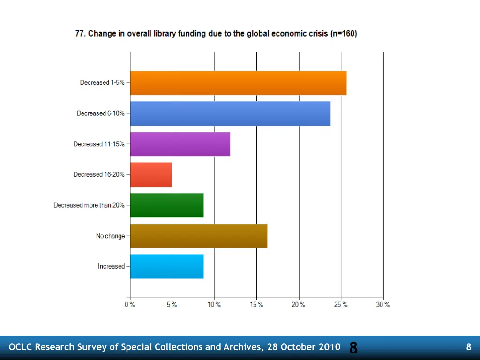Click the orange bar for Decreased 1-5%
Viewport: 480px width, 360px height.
tap(238, 83)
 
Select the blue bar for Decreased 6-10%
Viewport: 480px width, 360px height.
tap(230, 113)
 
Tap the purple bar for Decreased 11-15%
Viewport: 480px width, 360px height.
tap(180, 144)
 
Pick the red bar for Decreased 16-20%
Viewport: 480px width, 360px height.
tap(151, 174)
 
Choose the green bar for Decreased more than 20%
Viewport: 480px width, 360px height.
tap(167, 205)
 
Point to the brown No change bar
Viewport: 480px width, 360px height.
tap(199, 236)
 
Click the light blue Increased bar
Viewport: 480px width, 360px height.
tap(167, 266)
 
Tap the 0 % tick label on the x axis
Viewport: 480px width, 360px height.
tap(130, 305)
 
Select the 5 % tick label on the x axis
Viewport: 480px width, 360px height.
tap(172, 305)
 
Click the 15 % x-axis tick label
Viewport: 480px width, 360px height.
tap(256, 305)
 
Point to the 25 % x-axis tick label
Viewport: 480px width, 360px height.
tap(341, 305)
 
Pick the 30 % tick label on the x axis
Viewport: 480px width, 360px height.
tap(383, 305)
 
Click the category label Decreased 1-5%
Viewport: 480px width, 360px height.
tap(102, 82)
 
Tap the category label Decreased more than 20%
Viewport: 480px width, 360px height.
tap(89, 205)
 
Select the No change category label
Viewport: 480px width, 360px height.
tap(111, 236)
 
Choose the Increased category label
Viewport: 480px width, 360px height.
tap(112, 266)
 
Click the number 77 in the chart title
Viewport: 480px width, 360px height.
tap(80, 34)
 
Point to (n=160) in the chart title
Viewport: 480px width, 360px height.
tap(344, 34)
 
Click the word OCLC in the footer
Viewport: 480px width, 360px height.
tap(21, 347)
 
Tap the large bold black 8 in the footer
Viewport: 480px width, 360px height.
tap(353, 348)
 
